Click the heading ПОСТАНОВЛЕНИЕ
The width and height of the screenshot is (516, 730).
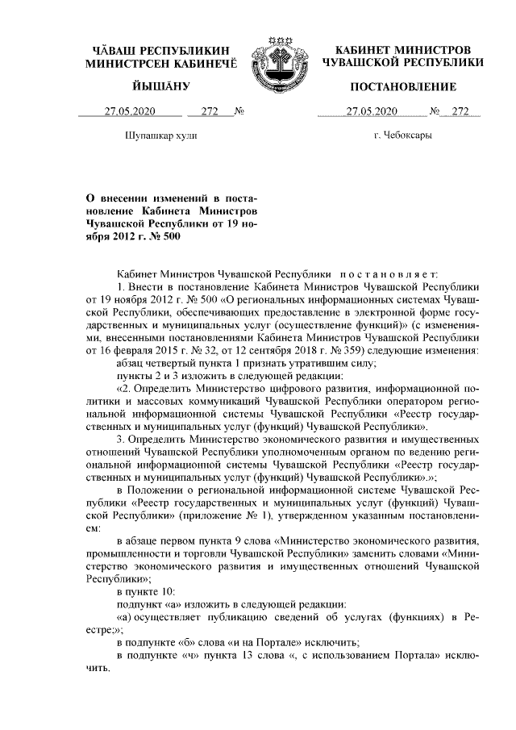click(402, 86)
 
